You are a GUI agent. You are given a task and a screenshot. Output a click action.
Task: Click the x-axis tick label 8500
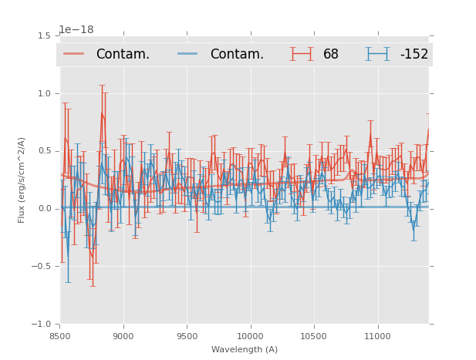click(x=60, y=336)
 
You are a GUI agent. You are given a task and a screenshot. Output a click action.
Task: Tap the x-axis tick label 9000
click(x=123, y=336)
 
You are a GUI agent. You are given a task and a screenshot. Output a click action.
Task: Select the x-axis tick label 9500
click(x=187, y=336)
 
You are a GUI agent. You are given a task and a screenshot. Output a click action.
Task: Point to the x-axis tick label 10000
click(x=250, y=336)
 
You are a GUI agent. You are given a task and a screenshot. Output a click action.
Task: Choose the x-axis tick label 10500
click(x=313, y=336)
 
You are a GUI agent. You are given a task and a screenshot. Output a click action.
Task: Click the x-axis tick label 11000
click(x=377, y=336)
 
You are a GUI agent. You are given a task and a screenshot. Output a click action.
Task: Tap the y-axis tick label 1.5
click(x=44, y=35)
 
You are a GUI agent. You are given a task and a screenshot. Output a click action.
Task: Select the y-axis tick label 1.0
click(x=44, y=93)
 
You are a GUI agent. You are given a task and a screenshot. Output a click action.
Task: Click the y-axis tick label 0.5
click(x=44, y=151)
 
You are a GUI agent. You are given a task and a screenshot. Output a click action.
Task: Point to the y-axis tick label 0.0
click(x=44, y=209)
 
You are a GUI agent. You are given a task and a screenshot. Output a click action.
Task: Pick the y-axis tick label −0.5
click(x=42, y=267)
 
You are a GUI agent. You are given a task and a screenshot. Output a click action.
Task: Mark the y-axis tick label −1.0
click(x=42, y=325)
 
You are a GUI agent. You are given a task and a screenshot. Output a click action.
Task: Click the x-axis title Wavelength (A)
click(x=245, y=350)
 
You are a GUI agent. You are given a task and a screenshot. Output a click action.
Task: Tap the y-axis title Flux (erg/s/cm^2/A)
click(x=22, y=180)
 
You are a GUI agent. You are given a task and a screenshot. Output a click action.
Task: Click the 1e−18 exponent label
click(x=76, y=30)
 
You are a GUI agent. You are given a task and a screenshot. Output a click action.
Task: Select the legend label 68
click(x=331, y=54)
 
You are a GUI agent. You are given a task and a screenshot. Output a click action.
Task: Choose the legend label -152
click(x=414, y=54)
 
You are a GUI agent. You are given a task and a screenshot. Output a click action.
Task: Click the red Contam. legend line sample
click(x=74, y=54)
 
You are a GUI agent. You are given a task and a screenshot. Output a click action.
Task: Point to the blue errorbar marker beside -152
click(x=378, y=54)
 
